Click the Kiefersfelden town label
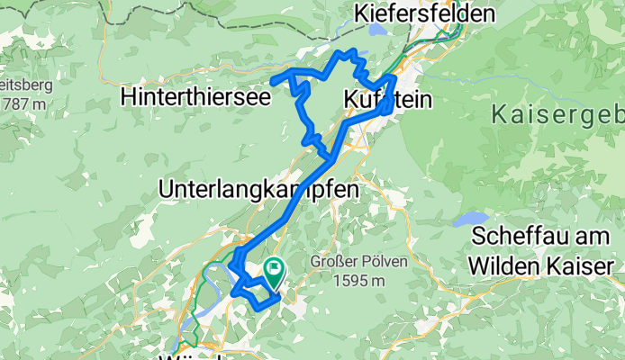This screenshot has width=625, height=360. (x=425, y=14)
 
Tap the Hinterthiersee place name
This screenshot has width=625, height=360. (x=195, y=97)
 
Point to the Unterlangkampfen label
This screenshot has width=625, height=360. (x=258, y=190)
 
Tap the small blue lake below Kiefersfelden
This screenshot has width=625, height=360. (x=376, y=30)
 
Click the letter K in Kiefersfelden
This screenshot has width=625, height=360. (x=363, y=14)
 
